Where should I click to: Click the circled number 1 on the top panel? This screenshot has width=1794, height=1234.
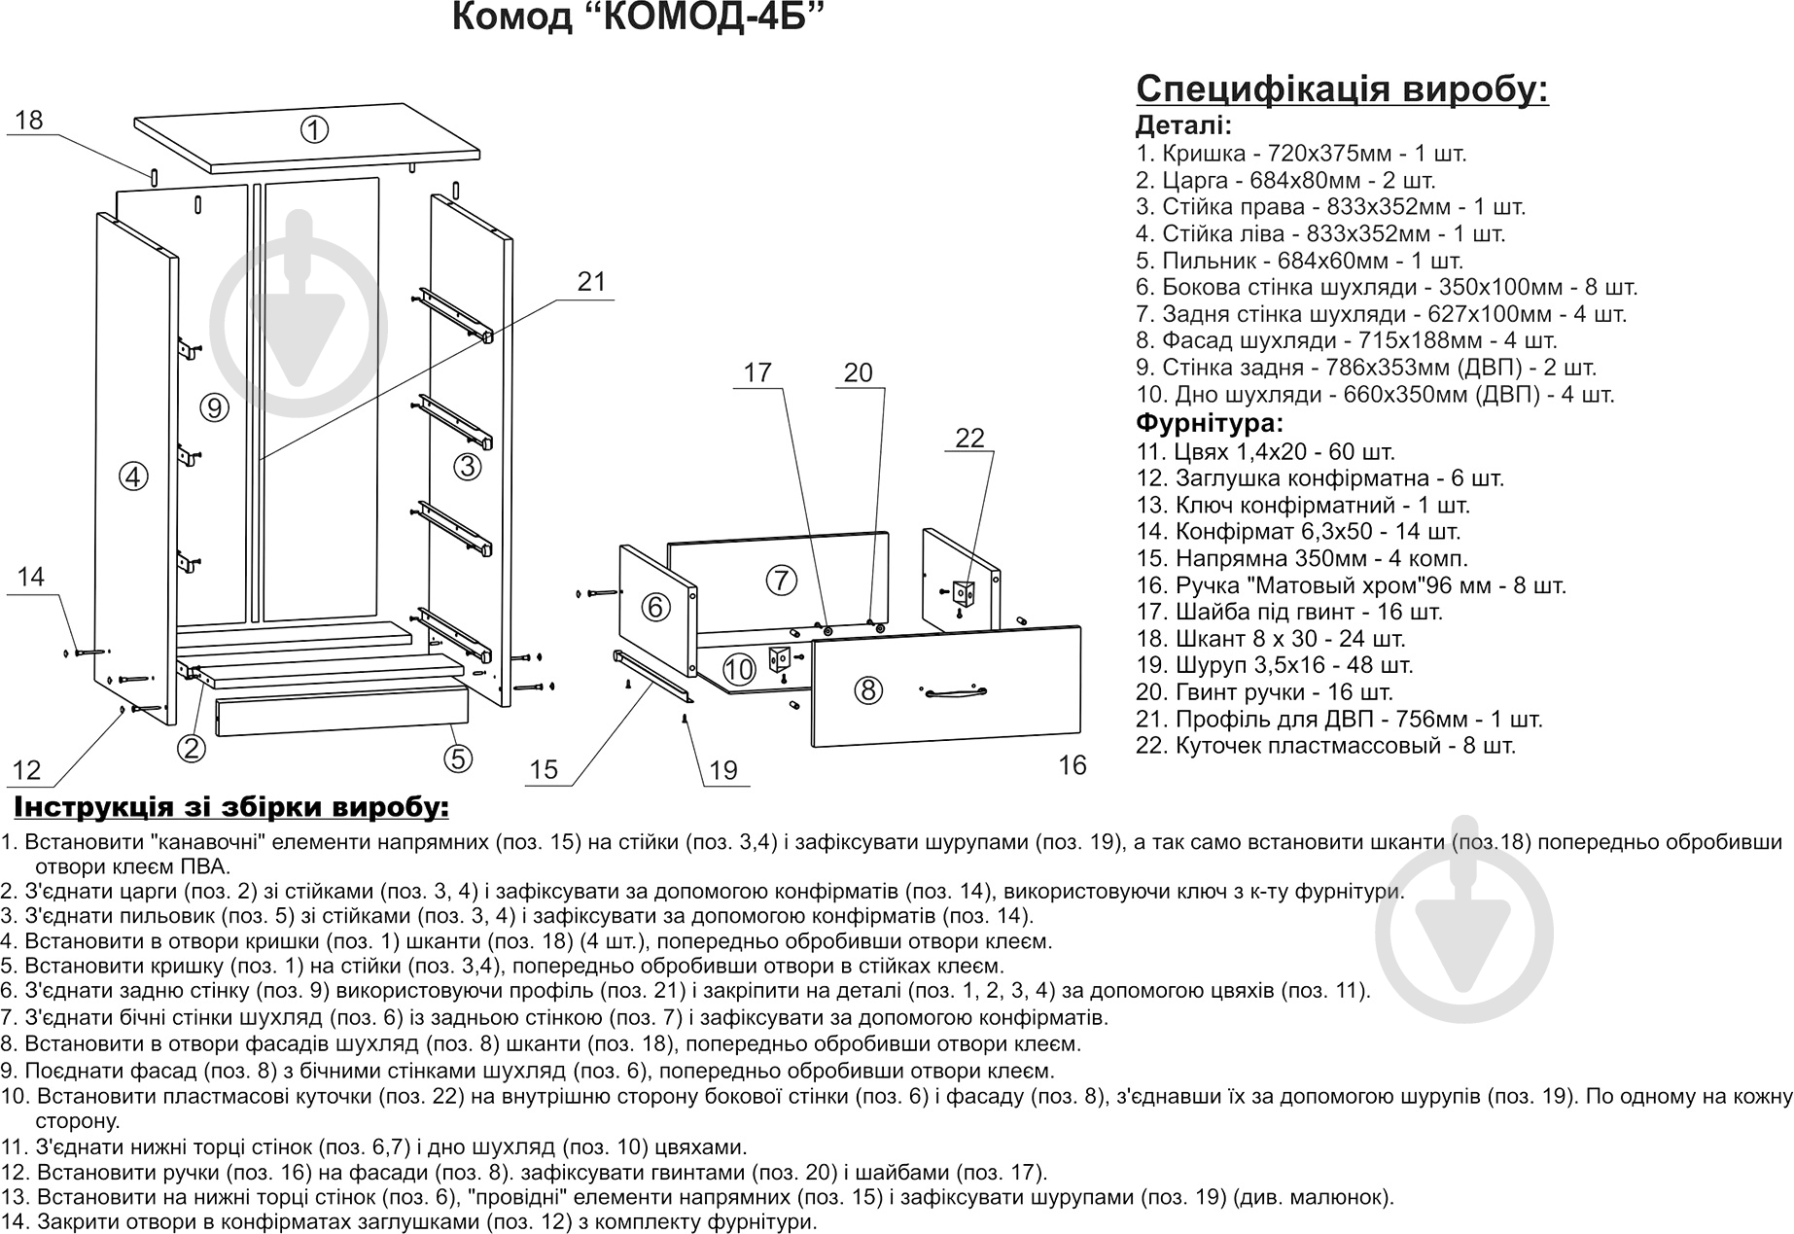click(x=314, y=129)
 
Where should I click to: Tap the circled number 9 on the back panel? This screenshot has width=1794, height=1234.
click(x=215, y=408)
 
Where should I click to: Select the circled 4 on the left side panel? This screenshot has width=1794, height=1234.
click(x=133, y=476)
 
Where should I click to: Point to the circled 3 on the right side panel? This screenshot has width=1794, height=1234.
click(x=468, y=467)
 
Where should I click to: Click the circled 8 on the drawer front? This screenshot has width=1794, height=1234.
click(x=867, y=690)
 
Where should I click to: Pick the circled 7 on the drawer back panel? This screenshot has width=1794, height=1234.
click(x=781, y=581)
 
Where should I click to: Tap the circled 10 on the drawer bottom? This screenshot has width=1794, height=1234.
click(x=739, y=669)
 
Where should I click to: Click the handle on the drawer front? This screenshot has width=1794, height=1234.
click(x=955, y=692)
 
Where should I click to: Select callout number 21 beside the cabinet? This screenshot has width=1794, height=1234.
click(x=591, y=282)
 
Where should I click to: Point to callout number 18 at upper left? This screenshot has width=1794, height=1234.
click(x=29, y=121)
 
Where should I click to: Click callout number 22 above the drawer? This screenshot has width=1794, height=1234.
click(x=969, y=439)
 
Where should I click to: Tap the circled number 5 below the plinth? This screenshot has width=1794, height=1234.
click(x=458, y=758)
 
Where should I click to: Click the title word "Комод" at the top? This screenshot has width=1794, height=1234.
click(x=512, y=18)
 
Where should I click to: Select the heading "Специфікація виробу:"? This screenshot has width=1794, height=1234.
click(x=1342, y=89)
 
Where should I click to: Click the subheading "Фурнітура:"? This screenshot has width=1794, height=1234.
click(x=1210, y=424)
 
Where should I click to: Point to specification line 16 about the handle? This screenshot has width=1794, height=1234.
click(x=1351, y=585)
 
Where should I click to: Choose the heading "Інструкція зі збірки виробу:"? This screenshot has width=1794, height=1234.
click(x=230, y=807)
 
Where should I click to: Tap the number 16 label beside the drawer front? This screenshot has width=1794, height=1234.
click(x=1072, y=766)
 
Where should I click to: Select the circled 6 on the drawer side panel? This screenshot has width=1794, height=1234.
click(x=655, y=607)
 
